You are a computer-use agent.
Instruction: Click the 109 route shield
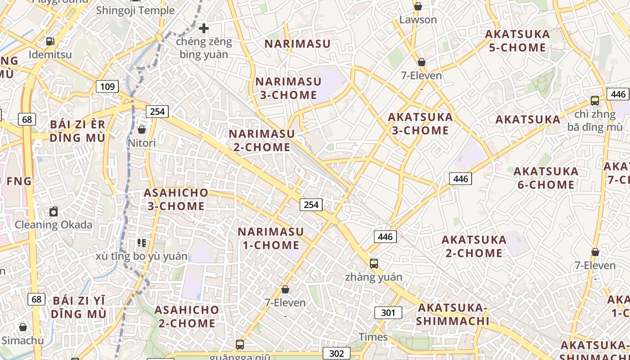tap(107, 86)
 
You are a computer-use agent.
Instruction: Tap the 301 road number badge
tap(388, 313)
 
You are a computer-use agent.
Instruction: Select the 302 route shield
tap(337, 353)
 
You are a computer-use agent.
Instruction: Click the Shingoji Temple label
tap(135, 10)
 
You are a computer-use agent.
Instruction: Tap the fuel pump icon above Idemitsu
tap(50, 41)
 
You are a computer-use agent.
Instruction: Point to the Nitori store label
tap(142, 143)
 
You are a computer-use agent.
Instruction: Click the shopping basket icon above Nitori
tap(142, 130)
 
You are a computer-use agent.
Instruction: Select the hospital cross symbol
tap(204, 28)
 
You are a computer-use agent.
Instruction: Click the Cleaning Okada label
tap(54, 225)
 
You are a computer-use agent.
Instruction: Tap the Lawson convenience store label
tap(418, 20)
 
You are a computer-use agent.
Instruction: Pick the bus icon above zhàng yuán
tap(373, 264)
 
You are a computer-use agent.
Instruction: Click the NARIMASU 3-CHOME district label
tap(288, 88)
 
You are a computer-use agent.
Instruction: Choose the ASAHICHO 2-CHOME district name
tap(187, 316)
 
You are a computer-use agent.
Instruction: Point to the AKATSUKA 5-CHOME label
tap(517, 41)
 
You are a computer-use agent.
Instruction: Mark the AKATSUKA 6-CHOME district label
tap(546, 178)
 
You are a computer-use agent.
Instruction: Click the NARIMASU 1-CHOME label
tap(271, 238)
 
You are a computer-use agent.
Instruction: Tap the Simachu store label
tap(23, 340)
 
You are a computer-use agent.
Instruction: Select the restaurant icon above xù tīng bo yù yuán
tap(142, 243)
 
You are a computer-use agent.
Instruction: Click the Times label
tap(373, 337)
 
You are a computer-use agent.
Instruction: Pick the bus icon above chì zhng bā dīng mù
tap(595, 101)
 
